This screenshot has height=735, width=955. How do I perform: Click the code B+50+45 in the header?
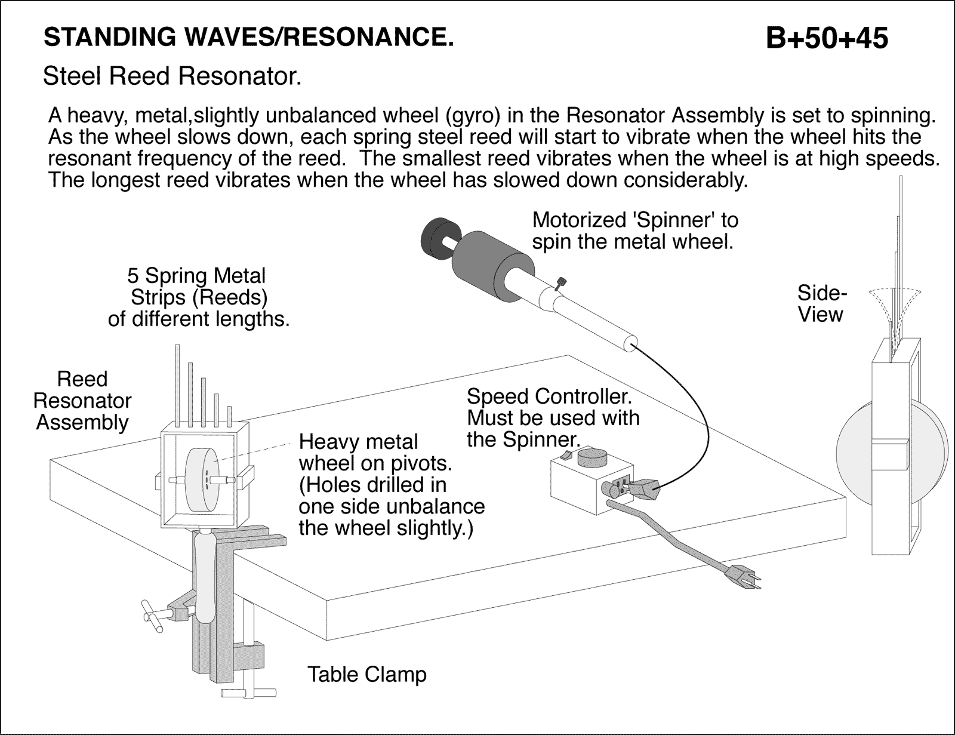coord(827,39)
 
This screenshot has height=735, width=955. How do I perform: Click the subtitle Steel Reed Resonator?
coord(172,76)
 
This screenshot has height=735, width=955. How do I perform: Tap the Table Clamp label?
coord(366,675)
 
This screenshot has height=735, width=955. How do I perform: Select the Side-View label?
coord(822,304)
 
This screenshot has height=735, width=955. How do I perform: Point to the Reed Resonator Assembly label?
coord(82,401)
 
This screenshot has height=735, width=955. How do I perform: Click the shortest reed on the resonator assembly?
coord(229,416)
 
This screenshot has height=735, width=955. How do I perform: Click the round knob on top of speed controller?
coord(592,458)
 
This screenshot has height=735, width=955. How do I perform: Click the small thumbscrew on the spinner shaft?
coord(560,283)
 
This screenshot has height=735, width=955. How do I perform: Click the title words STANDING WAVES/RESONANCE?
coord(249,38)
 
